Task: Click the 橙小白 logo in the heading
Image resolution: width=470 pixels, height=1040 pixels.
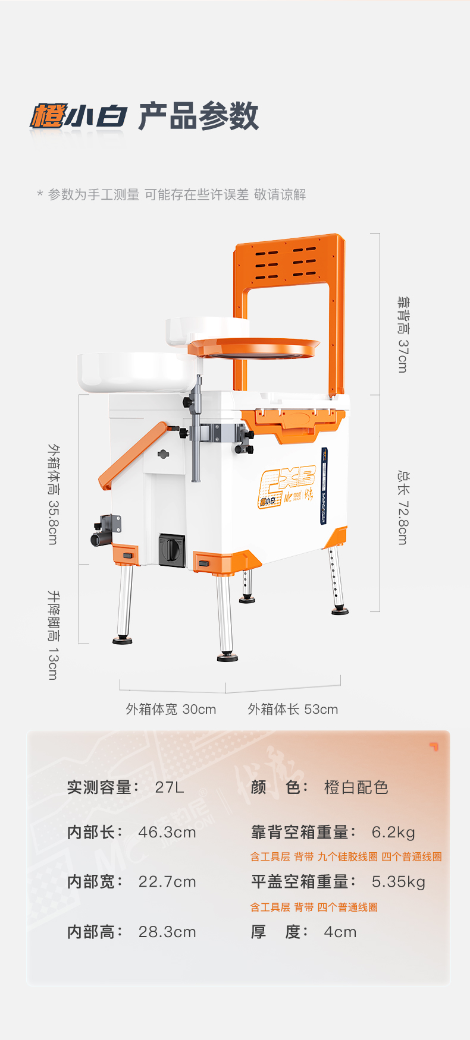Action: (x=78, y=116)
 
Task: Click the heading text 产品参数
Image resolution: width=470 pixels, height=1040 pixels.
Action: (x=199, y=116)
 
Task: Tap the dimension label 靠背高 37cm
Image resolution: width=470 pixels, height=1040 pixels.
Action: (x=403, y=335)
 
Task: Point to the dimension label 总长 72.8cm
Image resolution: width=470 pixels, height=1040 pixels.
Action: (x=403, y=508)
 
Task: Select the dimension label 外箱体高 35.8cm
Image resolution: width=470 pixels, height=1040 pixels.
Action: (x=54, y=494)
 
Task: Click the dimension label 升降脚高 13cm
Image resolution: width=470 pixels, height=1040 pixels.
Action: (x=54, y=635)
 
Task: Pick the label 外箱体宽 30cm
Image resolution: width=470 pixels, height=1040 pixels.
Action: (x=171, y=709)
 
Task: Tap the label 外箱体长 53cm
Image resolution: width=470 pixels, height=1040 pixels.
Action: (x=293, y=709)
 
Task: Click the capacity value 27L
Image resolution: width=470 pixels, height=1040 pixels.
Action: (x=170, y=787)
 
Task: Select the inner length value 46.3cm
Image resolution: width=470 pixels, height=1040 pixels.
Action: (x=167, y=833)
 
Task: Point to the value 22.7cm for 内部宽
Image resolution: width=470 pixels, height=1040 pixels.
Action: (x=167, y=882)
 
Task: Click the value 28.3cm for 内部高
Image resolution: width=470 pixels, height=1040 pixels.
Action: (x=167, y=932)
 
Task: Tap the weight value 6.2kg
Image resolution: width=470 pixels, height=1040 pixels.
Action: (x=393, y=833)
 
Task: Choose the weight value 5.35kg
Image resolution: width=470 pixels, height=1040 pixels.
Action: (x=399, y=882)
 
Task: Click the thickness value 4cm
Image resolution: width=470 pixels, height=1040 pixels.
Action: (x=340, y=932)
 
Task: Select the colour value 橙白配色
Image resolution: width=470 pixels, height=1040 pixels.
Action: (x=356, y=787)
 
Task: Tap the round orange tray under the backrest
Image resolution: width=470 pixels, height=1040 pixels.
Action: (x=254, y=348)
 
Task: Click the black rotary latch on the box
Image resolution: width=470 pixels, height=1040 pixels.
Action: (x=171, y=549)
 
